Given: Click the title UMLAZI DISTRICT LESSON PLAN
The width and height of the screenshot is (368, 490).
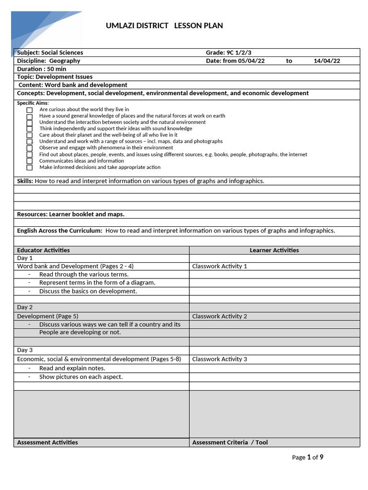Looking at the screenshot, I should [x=164, y=26].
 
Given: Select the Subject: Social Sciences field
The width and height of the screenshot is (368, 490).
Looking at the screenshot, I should [x=50, y=53].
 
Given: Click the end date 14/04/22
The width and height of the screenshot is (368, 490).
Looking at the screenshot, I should [x=327, y=61].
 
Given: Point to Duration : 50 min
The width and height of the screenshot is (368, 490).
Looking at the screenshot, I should [x=42, y=69].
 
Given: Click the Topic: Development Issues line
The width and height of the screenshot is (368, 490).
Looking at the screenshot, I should [x=55, y=77].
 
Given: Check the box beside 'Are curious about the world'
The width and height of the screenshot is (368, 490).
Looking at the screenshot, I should [x=30, y=110].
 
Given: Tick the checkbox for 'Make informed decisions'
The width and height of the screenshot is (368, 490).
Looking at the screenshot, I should [x=30, y=167].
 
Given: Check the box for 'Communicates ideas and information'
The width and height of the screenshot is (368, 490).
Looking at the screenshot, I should [x=30, y=161].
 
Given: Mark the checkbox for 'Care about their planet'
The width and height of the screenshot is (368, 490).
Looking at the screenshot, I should [x=30, y=135].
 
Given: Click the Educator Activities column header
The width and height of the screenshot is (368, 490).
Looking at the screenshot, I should [x=44, y=250].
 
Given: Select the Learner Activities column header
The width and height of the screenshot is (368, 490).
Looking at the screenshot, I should [x=274, y=250].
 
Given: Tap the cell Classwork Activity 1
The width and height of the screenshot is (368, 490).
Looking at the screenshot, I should [x=219, y=266].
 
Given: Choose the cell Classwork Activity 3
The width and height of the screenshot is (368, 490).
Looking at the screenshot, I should [x=219, y=359].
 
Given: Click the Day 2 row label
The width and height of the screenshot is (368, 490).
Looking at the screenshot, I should [x=25, y=307].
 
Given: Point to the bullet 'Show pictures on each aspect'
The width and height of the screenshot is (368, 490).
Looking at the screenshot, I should [x=80, y=377].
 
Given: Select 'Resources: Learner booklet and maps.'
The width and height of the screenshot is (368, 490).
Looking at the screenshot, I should [x=71, y=214].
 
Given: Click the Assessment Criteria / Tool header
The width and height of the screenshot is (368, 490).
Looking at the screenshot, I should [x=230, y=443].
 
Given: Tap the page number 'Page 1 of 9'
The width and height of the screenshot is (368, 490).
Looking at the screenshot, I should [x=308, y=457].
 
